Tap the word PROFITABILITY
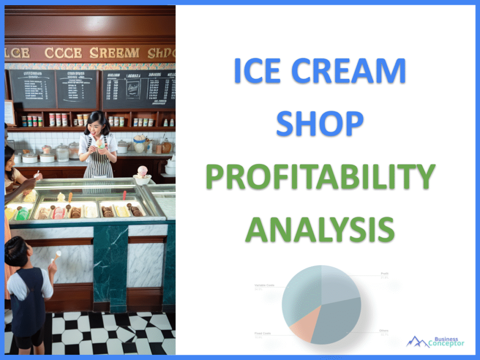coord(320,177)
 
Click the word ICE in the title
coord(257,71)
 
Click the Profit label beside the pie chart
coord(384,273)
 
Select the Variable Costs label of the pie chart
coord(264,285)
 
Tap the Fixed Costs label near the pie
coord(263,333)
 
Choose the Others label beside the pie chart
coord(383,331)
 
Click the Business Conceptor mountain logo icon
coord(416,341)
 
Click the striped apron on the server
coord(98,162)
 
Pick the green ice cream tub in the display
coord(22,214)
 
